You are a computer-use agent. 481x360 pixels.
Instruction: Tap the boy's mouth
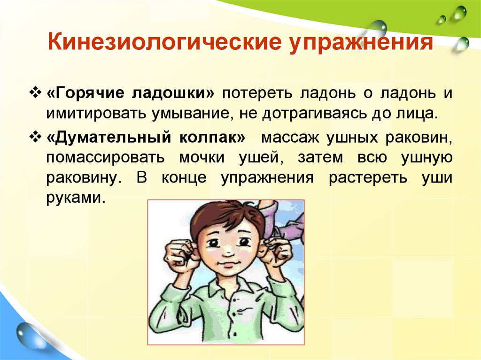pyautogui.click(x=228, y=265)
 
